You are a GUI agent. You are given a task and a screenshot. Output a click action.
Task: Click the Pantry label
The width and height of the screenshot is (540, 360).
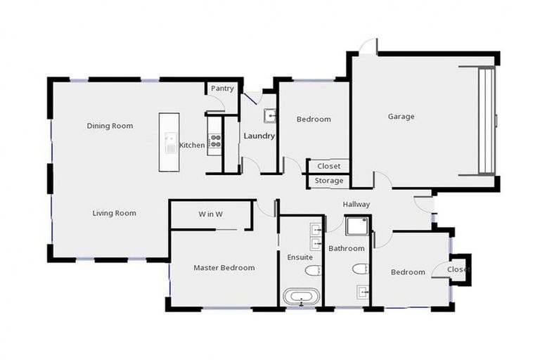point(222,89)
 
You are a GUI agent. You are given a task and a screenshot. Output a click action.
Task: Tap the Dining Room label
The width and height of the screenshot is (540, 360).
point(110,126)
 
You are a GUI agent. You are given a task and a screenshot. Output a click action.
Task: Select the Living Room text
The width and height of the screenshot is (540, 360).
point(114,213)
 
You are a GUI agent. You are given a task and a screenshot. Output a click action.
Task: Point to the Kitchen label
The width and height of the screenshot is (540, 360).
point(192,146)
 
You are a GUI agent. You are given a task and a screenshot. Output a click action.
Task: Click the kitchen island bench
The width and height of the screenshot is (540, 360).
point(169,141)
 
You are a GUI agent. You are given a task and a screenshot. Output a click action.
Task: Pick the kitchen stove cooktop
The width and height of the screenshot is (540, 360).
point(215,141)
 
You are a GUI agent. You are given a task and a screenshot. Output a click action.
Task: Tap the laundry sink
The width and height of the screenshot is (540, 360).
point(269,115)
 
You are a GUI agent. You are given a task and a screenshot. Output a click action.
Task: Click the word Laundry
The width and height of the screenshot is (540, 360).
point(259,136)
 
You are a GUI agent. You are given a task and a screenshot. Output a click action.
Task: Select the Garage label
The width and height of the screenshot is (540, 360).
point(401,117)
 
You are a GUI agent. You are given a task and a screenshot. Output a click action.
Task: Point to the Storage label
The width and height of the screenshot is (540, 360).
point(329,181)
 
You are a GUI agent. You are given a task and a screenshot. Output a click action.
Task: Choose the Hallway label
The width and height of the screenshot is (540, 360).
point(356,204)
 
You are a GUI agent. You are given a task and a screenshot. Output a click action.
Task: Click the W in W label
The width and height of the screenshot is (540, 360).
point(210,214)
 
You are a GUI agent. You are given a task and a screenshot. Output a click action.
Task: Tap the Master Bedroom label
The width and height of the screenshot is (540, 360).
point(224,268)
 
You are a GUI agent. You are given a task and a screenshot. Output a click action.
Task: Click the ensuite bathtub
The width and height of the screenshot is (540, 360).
point(301,296)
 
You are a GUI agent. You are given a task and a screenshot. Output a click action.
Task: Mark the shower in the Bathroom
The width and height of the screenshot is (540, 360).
point(357,225)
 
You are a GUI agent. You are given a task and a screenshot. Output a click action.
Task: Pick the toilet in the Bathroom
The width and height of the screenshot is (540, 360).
point(360,269)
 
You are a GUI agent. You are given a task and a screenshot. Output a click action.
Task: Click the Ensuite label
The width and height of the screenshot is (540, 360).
point(300,257)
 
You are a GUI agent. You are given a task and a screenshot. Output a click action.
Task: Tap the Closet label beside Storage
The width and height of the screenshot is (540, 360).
point(329,167)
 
